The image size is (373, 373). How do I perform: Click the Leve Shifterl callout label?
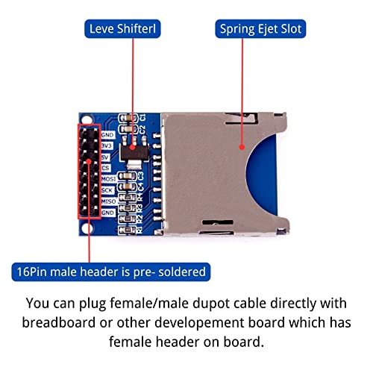pyautogui.click(x=122, y=29)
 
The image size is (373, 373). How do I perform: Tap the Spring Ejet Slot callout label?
pyautogui.click(x=260, y=29)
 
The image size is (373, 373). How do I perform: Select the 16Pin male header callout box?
pyautogui.click(x=111, y=272)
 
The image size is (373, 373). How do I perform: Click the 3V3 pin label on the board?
pyautogui.click(x=107, y=145)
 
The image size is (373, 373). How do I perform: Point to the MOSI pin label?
pyautogui.click(x=109, y=179)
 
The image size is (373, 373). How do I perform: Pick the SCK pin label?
pyautogui.click(x=107, y=190)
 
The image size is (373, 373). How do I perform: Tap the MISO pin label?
pyautogui.click(x=109, y=201)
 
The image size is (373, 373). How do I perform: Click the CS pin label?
pyautogui.click(x=106, y=168)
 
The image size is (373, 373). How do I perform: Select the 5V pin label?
pyautogui.click(x=105, y=157)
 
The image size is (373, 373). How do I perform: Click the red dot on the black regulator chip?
pyautogui.click(x=133, y=148)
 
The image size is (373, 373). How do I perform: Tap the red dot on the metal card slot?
pyautogui.click(x=242, y=147)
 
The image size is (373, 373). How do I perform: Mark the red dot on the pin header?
pyautogui.click(x=89, y=162)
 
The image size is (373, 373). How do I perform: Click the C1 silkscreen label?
pyautogui.click(x=142, y=117)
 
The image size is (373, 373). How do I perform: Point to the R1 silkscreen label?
pyautogui.click(x=140, y=229)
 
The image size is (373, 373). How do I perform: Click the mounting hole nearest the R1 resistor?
pyautogui.click(x=87, y=228)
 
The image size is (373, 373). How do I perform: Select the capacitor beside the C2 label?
pyautogui.click(x=128, y=129)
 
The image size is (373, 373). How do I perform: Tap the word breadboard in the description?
pyautogui.click(x=59, y=322)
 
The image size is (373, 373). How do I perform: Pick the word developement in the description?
pyautogui.click(x=200, y=323)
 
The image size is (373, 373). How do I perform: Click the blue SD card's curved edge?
pyautogui.click(x=248, y=174)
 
